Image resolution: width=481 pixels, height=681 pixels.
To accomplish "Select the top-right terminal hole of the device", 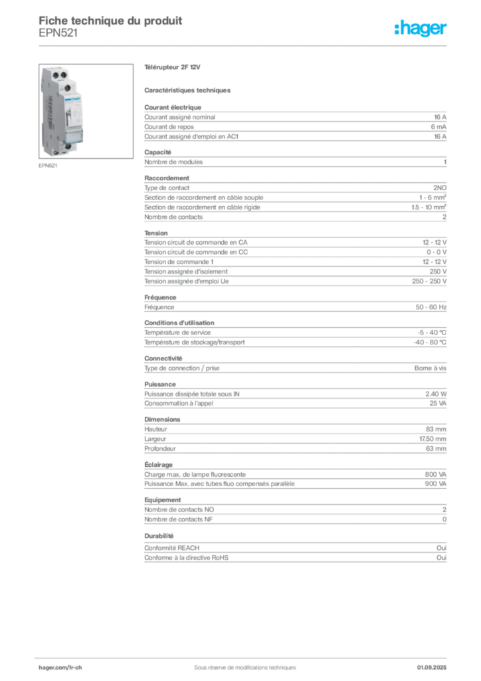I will [66, 75].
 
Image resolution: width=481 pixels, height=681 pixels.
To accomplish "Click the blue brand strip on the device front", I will [72, 97].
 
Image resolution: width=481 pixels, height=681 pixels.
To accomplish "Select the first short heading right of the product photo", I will [172, 68].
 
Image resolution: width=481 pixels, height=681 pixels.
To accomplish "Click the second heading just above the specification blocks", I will [188, 90].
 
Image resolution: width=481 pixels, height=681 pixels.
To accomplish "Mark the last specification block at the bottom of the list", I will [294, 547].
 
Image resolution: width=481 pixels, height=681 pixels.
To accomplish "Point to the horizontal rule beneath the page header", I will [244, 45].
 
